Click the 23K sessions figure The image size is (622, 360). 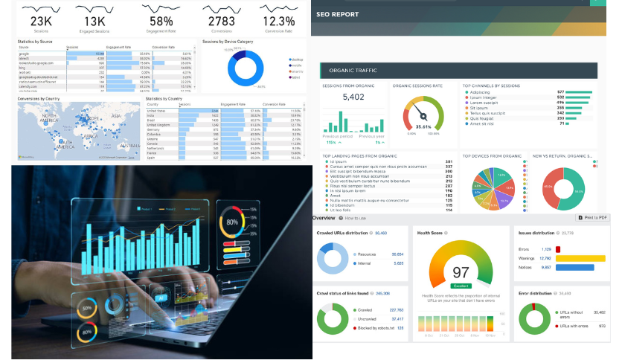[x=41, y=22]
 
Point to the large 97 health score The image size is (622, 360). [x=461, y=271]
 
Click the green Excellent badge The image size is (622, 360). [x=461, y=285]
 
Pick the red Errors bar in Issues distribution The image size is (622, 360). [x=558, y=249]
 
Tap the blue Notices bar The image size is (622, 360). [x=574, y=267]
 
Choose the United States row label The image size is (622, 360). [x=157, y=110]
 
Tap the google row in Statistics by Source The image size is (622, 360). [x=25, y=54]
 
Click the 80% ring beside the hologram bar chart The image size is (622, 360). [x=231, y=222]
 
